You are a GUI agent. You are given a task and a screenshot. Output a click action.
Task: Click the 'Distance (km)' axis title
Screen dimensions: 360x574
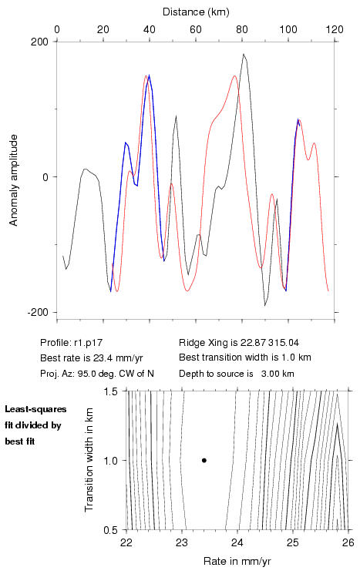point(196,12)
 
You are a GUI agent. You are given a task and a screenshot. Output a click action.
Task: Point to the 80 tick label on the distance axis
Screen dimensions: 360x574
point(242,29)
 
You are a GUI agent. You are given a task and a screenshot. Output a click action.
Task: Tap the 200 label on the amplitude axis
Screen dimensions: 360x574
point(39,42)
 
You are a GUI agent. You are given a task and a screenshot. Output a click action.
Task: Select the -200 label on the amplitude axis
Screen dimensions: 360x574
point(37,312)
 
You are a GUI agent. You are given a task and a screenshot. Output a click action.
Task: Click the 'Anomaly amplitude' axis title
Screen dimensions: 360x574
point(14,180)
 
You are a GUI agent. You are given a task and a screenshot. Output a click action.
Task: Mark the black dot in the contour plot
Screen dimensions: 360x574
point(204,460)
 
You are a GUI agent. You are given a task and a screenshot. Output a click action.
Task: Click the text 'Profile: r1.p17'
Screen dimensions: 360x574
point(72,343)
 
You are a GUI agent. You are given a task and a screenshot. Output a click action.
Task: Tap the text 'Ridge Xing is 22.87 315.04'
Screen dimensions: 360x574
point(239,343)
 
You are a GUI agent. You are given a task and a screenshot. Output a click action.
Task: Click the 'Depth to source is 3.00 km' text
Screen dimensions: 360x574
point(237,374)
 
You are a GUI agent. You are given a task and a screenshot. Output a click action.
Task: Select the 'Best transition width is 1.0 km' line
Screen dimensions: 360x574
point(245,357)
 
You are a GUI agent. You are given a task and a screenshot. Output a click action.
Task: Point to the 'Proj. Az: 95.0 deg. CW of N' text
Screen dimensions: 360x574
point(97,374)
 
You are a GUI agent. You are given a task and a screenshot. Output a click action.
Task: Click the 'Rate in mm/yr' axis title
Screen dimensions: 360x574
point(237,561)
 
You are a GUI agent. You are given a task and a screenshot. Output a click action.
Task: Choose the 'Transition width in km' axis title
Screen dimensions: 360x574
point(89,460)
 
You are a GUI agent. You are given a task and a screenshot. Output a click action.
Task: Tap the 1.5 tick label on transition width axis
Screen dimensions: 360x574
point(109,391)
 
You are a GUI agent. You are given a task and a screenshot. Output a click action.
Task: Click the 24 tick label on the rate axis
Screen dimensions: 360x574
point(237,542)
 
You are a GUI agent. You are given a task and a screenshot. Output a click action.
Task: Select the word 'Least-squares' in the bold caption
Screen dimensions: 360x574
point(35,409)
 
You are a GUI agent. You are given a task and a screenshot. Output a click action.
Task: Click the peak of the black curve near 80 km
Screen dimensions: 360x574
point(243,54)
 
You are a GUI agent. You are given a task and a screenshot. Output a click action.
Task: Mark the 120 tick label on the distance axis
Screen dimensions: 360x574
point(334,29)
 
